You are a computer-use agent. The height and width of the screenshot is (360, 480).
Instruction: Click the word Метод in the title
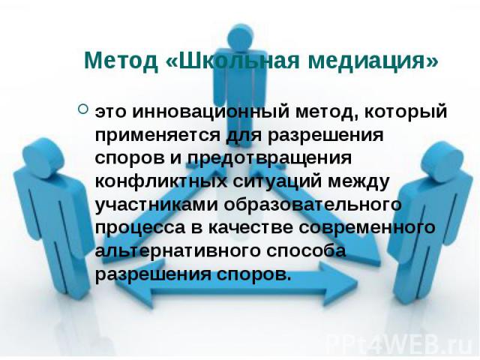click(x=121, y=60)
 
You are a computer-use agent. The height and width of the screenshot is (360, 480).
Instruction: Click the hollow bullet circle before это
click(x=83, y=109)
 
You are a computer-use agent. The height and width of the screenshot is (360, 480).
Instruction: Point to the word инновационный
click(x=211, y=111)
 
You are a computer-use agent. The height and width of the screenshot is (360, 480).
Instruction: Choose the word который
click(x=406, y=111)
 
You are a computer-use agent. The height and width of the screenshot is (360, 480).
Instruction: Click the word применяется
click(x=157, y=135)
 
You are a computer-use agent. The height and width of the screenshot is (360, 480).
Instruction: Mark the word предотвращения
click(x=269, y=158)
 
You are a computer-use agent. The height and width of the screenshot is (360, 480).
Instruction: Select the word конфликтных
click(x=161, y=181)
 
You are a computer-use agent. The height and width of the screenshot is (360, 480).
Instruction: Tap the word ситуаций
click(x=277, y=181)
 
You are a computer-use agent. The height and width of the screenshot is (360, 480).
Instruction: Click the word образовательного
click(x=313, y=204)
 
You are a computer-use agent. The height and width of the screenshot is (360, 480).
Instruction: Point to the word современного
click(x=367, y=228)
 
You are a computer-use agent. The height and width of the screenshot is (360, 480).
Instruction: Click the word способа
click(x=306, y=250)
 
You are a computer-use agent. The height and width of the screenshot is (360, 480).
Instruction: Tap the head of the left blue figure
click(x=43, y=157)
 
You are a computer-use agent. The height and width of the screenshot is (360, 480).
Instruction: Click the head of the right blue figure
click(x=441, y=162)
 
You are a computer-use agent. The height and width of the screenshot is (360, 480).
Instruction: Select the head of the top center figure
click(x=240, y=37)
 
